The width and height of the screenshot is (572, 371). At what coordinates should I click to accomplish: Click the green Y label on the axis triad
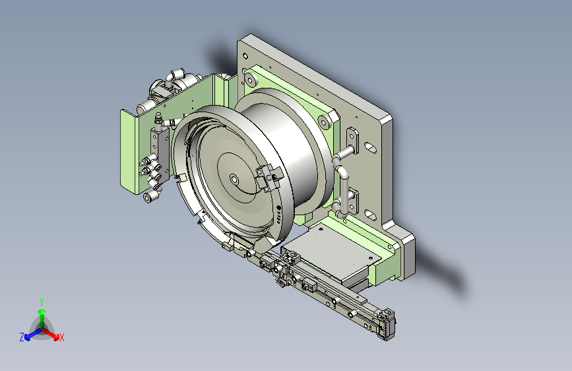click(42, 302)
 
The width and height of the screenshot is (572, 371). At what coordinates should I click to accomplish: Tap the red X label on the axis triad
click(61, 337)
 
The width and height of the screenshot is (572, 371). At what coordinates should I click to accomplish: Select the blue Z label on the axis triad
click(22, 337)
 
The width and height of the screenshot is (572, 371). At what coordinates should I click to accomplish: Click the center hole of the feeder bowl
click(234, 180)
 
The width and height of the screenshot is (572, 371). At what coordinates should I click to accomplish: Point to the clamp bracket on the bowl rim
click(269, 178)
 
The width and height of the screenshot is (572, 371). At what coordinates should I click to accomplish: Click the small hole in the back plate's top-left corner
click(245, 56)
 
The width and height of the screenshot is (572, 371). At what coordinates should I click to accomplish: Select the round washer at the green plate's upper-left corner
click(250, 79)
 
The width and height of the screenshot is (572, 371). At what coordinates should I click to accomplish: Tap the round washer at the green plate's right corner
click(325, 121)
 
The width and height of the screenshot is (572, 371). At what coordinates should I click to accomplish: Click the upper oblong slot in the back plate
click(370, 147)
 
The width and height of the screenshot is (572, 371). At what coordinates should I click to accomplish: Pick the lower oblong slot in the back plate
click(370, 215)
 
